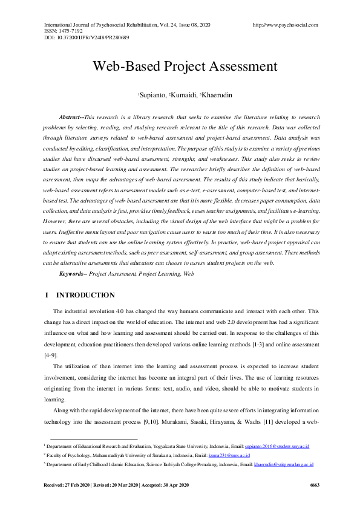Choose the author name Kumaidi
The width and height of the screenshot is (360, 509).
click(x=183, y=96)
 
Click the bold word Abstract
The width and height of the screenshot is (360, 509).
click(x=71, y=116)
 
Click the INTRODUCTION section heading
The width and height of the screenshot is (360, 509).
click(x=85, y=296)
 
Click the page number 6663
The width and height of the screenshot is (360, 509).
click(x=314, y=485)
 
